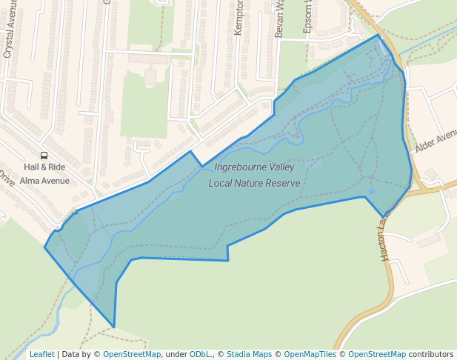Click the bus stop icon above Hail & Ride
pyautogui.click(x=44, y=156)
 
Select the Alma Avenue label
pyautogui.click(x=44, y=180)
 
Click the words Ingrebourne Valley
pyautogui.click(x=254, y=167)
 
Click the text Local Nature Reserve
pyautogui.click(x=254, y=183)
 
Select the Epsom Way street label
pyautogui.click(x=308, y=16)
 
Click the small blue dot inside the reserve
pyautogui.click(x=372, y=192)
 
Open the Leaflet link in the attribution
pyautogui.click(x=41, y=354)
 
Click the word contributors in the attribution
pyautogui.click(x=431, y=354)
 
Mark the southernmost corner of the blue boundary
pyautogui.click(x=114, y=327)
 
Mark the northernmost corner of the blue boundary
pyautogui.click(x=378, y=35)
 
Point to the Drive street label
pyautogui.click(x=7, y=179)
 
